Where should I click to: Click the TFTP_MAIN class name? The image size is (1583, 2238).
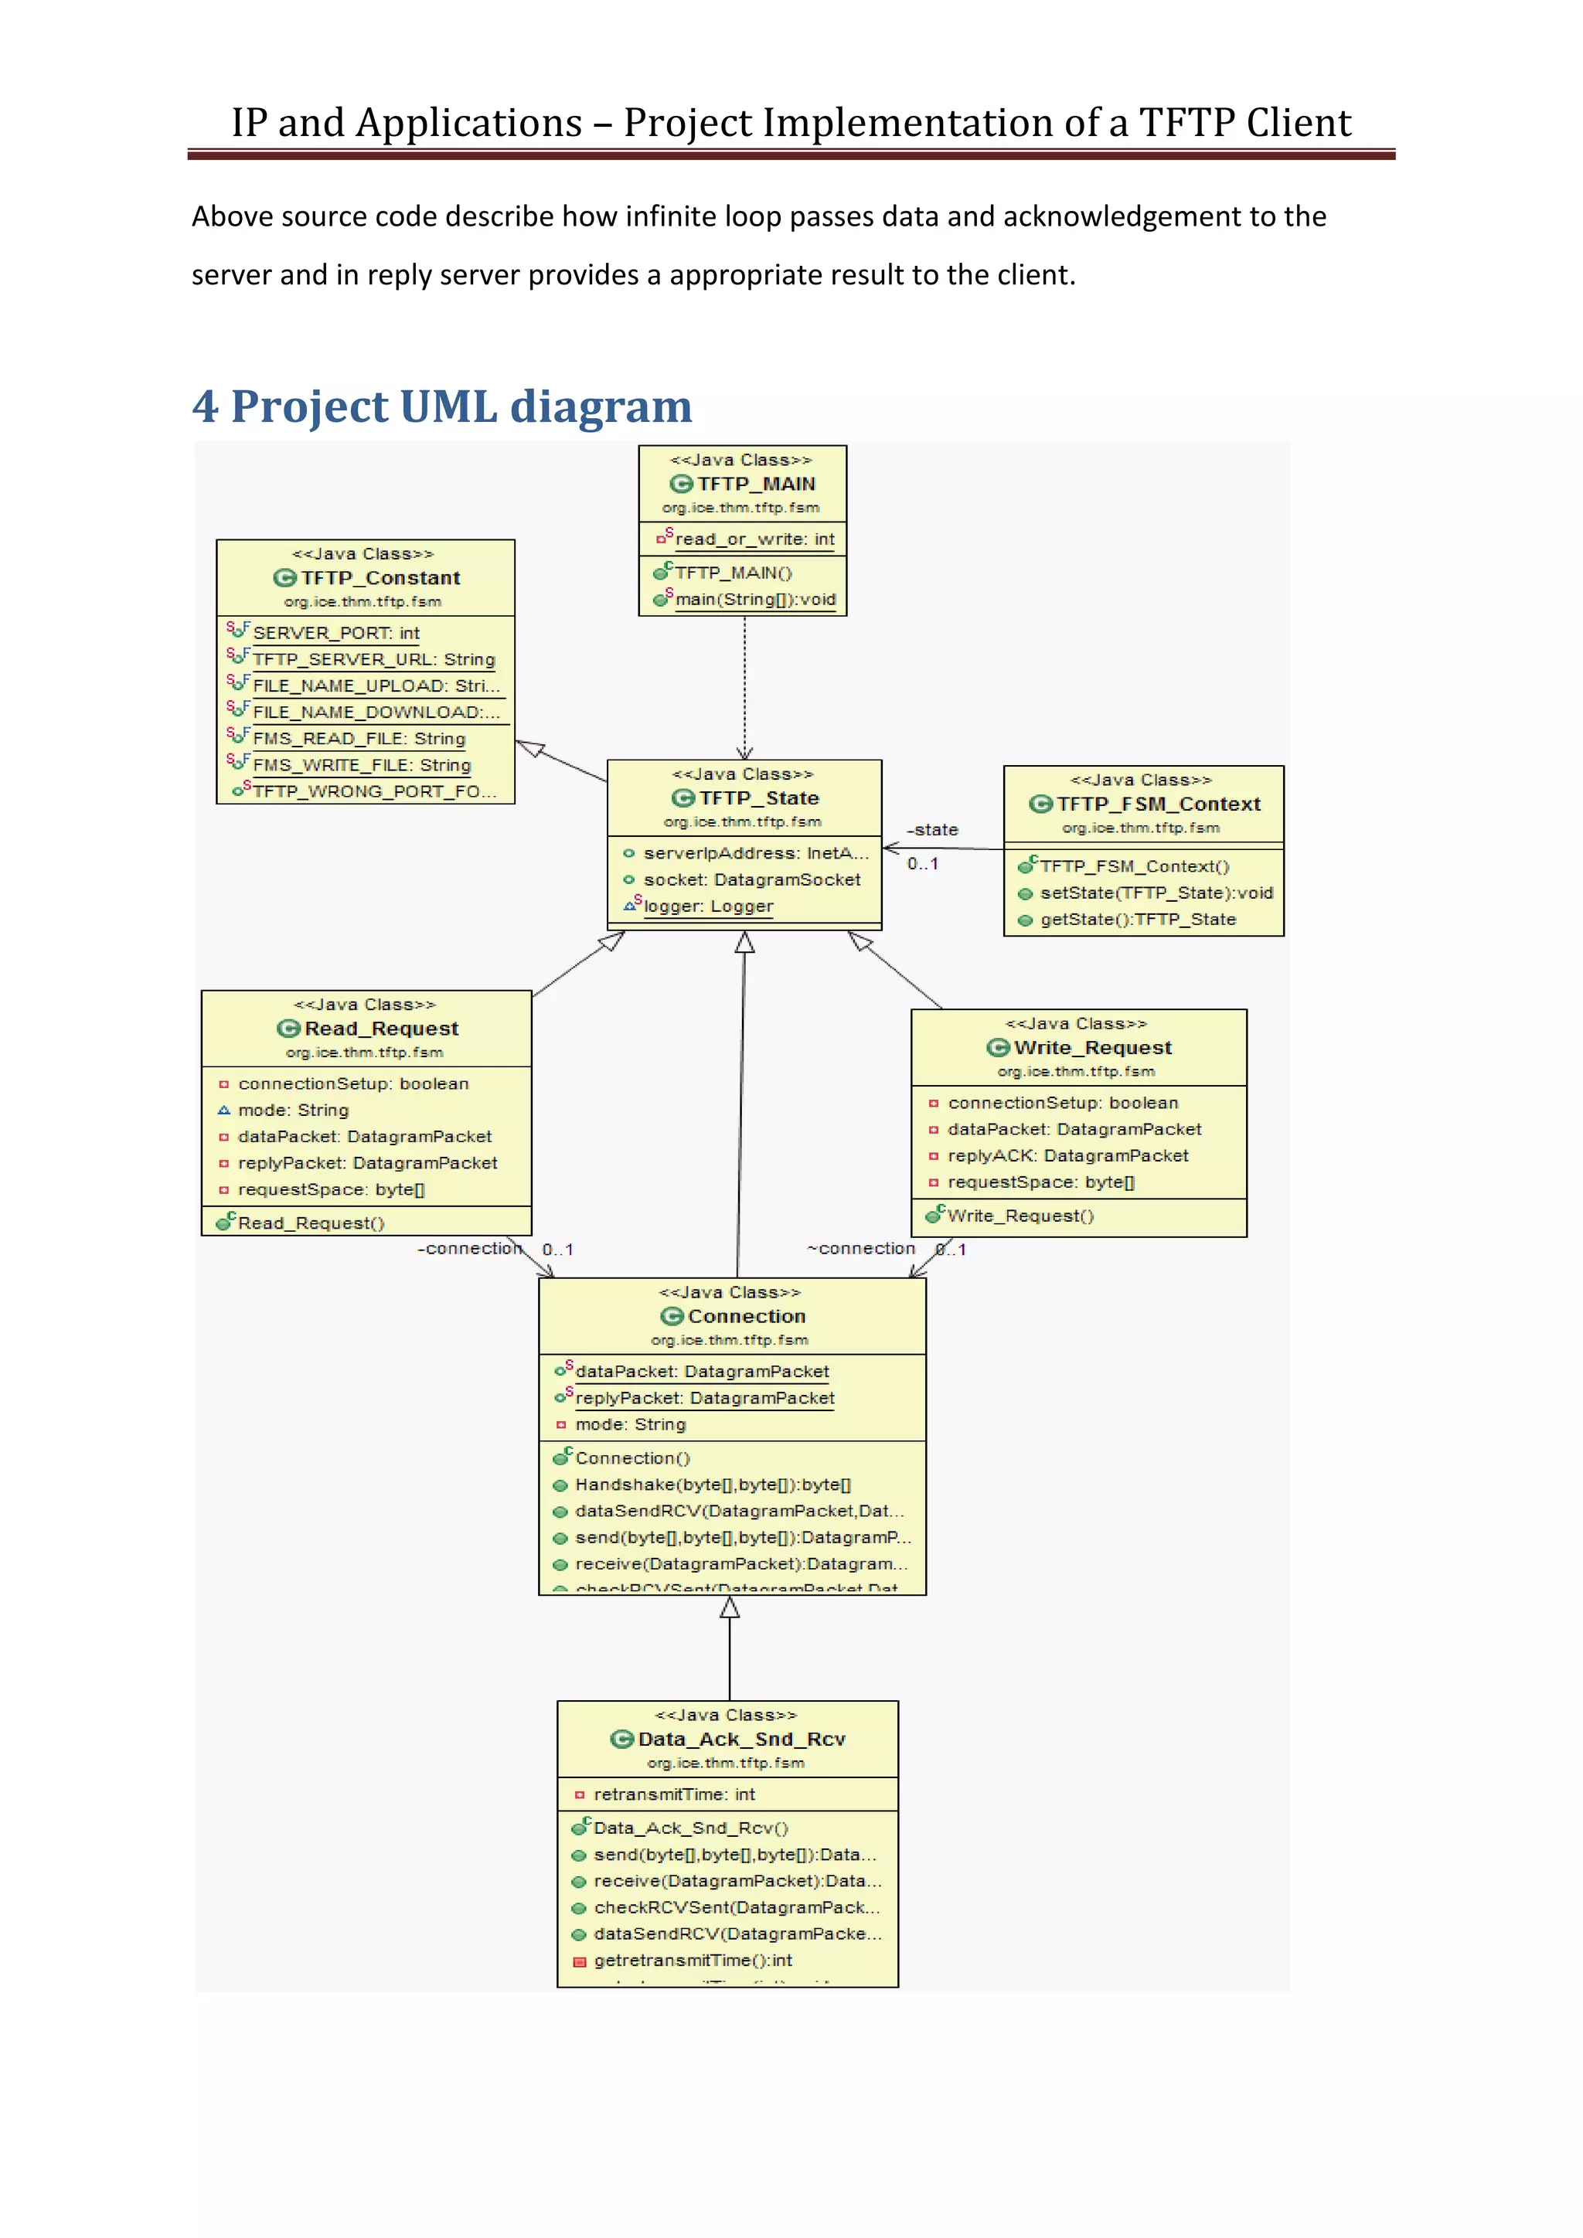(x=755, y=485)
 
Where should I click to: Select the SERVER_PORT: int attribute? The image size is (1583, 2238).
(x=335, y=634)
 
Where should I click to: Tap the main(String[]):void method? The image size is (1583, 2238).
(x=754, y=600)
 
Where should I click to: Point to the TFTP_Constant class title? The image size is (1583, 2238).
(x=380, y=578)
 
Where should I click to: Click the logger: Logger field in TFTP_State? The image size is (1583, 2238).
(x=708, y=906)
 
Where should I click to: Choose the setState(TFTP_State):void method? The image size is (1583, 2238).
(x=1156, y=893)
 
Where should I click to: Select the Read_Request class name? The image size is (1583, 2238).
(x=380, y=1029)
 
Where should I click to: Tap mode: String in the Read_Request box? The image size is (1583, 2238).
(x=292, y=1110)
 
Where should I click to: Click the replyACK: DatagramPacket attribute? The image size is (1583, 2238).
(x=1067, y=1156)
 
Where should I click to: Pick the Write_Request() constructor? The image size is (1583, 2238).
(x=1020, y=1216)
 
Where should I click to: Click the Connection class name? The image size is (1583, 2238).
(x=746, y=1316)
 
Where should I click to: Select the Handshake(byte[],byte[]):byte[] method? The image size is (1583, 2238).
(x=713, y=1485)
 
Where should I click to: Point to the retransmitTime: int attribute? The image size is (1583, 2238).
(x=673, y=1794)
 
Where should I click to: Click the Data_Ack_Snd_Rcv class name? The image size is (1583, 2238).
(x=740, y=1739)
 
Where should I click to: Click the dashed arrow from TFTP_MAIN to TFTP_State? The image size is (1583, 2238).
(x=744, y=687)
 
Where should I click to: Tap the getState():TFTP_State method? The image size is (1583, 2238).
(x=1138, y=919)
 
